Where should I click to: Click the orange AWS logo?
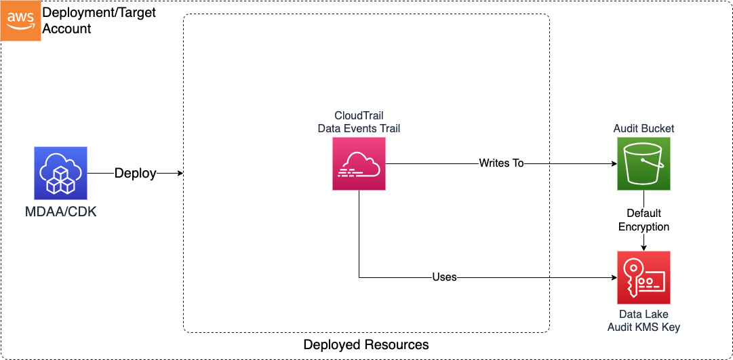(x=20, y=20)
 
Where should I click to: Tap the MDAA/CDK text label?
(x=61, y=212)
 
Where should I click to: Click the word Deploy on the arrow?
(x=135, y=174)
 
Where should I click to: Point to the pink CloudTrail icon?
(x=359, y=163)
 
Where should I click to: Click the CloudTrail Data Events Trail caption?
(x=359, y=122)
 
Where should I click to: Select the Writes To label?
(x=501, y=163)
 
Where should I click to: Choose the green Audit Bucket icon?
(x=643, y=163)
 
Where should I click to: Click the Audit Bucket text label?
(x=643, y=128)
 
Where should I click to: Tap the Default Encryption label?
(x=643, y=220)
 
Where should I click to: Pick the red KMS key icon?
(x=643, y=277)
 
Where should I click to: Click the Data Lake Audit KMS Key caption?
(x=643, y=321)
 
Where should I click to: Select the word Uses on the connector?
(x=444, y=277)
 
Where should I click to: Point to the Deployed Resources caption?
(x=366, y=345)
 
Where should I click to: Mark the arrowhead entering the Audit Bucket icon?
(x=613, y=163)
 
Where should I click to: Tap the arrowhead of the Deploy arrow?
(x=180, y=174)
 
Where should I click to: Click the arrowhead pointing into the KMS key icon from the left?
(x=613, y=277)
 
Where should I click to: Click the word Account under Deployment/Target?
(x=66, y=29)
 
